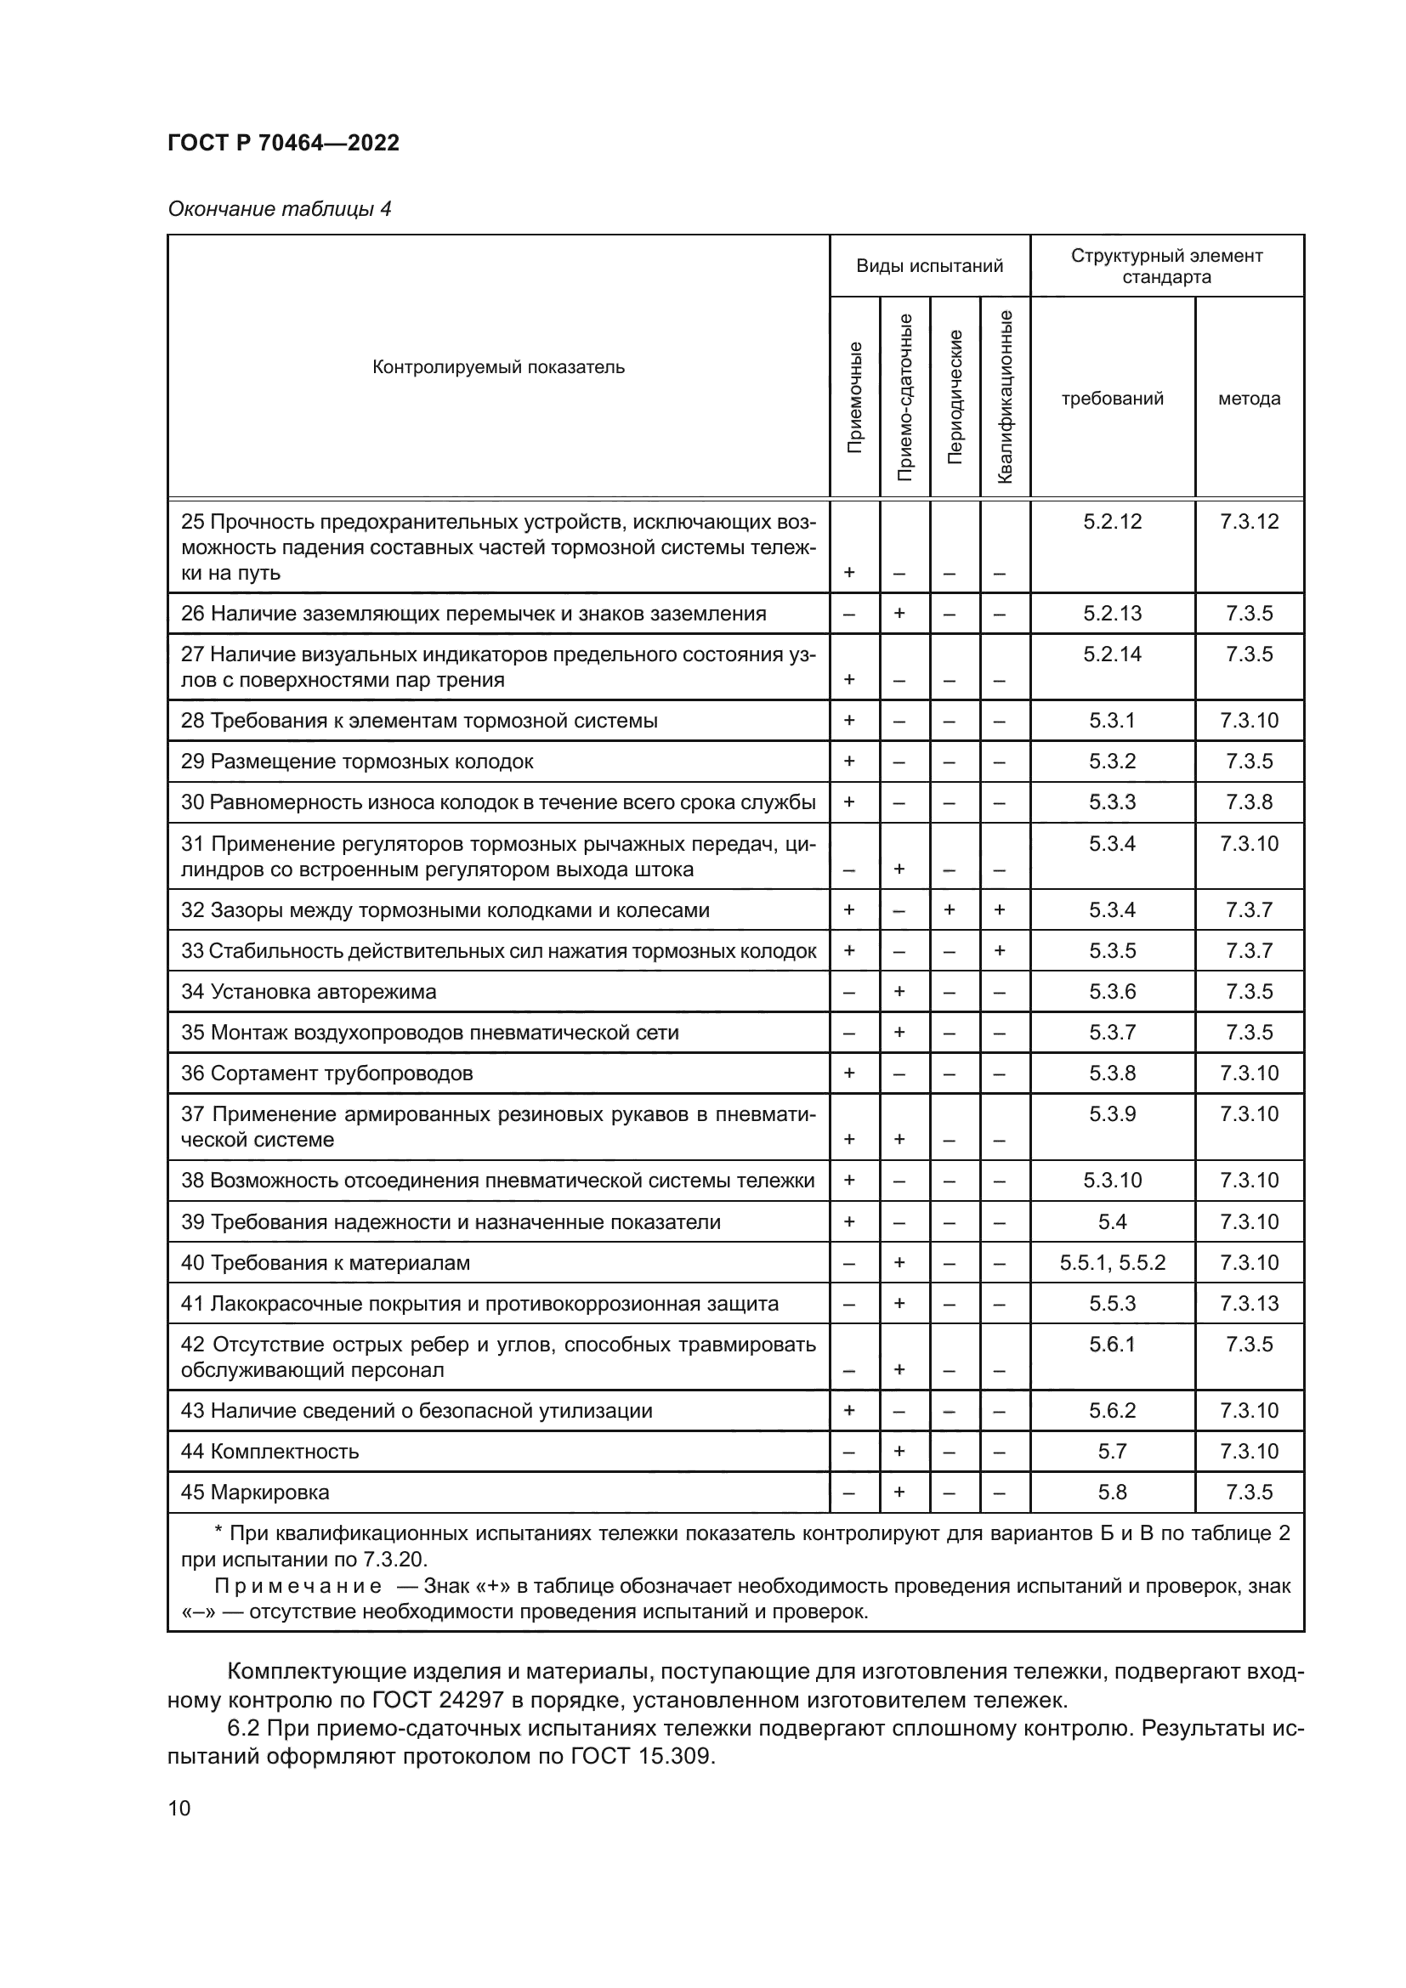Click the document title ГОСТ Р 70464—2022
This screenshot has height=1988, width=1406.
click(283, 143)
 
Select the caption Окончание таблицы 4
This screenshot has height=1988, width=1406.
click(279, 209)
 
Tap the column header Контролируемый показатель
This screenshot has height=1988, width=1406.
click(498, 367)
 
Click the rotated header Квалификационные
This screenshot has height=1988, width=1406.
click(1004, 397)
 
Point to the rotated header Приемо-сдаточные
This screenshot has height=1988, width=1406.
click(904, 397)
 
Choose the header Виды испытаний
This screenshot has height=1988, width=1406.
click(929, 266)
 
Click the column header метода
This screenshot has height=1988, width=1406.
click(1249, 399)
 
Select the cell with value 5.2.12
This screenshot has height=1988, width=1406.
click(1112, 521)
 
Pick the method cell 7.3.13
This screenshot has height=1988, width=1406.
click(1249, 1303)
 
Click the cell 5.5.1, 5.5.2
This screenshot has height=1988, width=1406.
click(1112, 1262)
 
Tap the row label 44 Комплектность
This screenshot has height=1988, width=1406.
click(269, 1451)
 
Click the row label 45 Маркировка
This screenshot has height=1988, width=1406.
click(254, 1492)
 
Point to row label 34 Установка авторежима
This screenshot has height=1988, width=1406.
click(309, 991)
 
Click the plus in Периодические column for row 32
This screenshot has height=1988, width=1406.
click(950, 910)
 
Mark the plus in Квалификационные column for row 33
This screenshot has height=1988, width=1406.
click(999, 951)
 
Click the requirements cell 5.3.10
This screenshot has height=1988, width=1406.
click(1112, 1181)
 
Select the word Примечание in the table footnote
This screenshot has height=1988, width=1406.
click(297, 1586)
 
